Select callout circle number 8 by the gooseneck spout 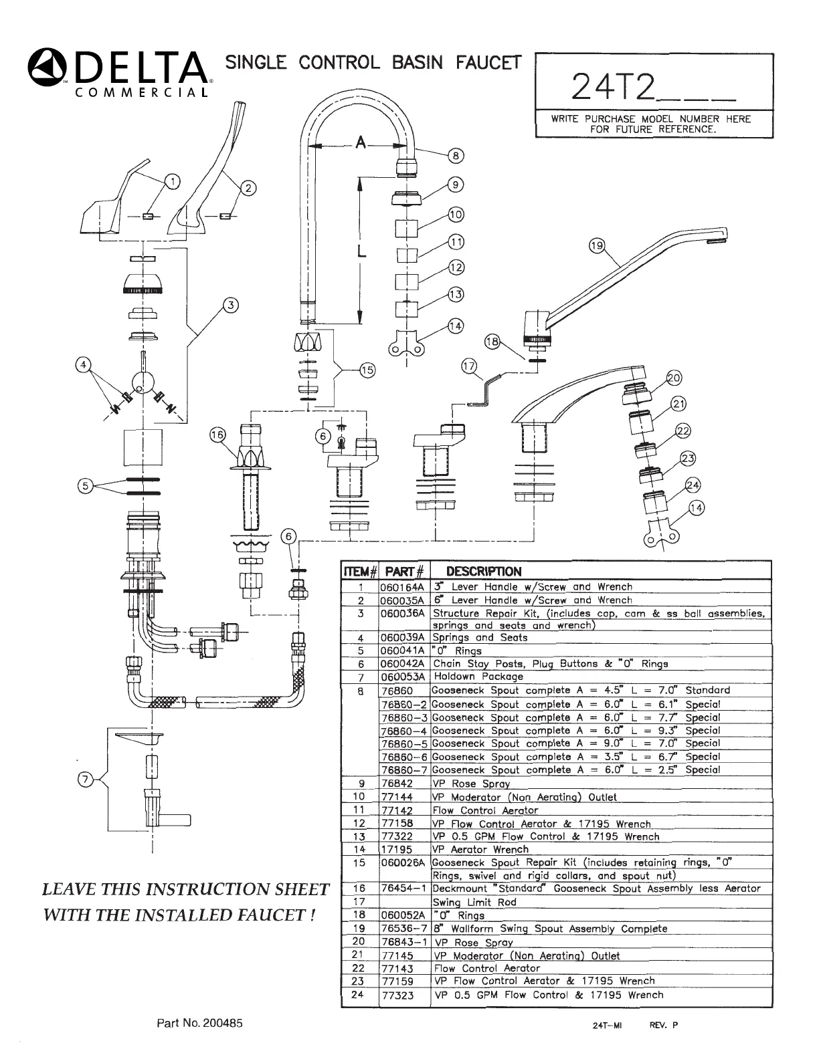pyautogui.click(x=455, y=156)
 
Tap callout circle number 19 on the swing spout pyautogui.click(x=596, y=246)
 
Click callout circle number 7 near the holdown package pyautogui.click(x=86, y=781)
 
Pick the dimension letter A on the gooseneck pyautogui.click(x=361, y=142)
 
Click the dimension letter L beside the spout pyautogui.click(x=361, y=252)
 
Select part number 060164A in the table pyautogui.click(x=403, y=587)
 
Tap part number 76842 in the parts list pyautogui.click(x=397, y=784)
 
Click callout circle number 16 pyautogui.click(x=218, y=435)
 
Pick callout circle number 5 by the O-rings pyautogui.click(x=85, y=486)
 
